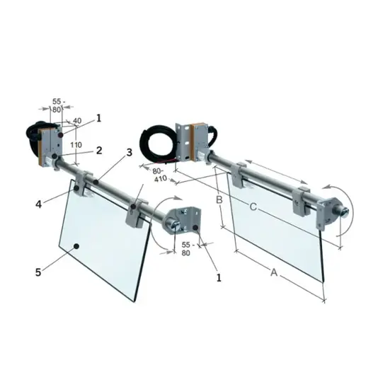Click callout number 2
99,151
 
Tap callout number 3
130,153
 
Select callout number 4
38,204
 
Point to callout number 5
38,272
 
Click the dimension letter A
274,272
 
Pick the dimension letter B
219,199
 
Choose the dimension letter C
253,207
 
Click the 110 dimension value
76,145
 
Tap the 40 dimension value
77,120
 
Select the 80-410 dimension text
160,175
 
